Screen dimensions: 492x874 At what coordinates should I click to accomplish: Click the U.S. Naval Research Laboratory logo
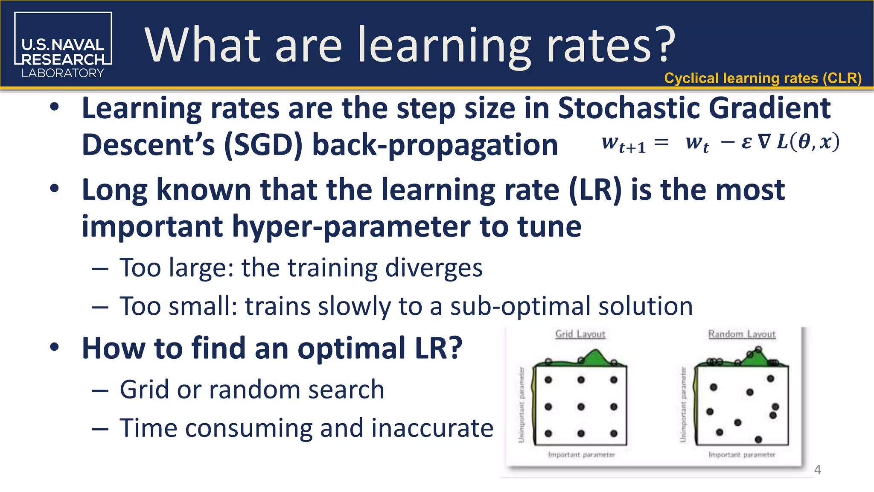click(x=63, y=45)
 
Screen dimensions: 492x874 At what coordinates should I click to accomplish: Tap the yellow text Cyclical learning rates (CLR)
click(x=763, y=78)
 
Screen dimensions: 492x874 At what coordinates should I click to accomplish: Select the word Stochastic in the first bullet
click(x=629, y=108)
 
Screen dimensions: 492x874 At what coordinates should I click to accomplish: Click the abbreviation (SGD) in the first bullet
click(x=263, y=145)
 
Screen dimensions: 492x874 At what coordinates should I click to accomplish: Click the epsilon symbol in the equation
click(x=746, y=142)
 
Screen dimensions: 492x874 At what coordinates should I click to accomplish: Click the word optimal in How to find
click(x=351, y=348)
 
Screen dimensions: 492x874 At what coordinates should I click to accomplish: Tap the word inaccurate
click(x=432, y=428)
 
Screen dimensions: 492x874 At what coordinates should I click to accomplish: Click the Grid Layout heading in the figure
click(x=580, y=334)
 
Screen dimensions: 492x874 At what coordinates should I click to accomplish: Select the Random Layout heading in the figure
click(x=742, y=334)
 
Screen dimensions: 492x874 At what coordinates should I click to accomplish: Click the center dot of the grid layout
click(x=581, y=407)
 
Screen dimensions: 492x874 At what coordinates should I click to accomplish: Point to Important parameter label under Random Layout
click(x=742, y=455)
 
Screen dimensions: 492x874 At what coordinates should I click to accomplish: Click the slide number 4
click(x=817, y=470)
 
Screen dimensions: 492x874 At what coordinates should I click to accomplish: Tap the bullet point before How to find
click(x=54, y=347)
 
